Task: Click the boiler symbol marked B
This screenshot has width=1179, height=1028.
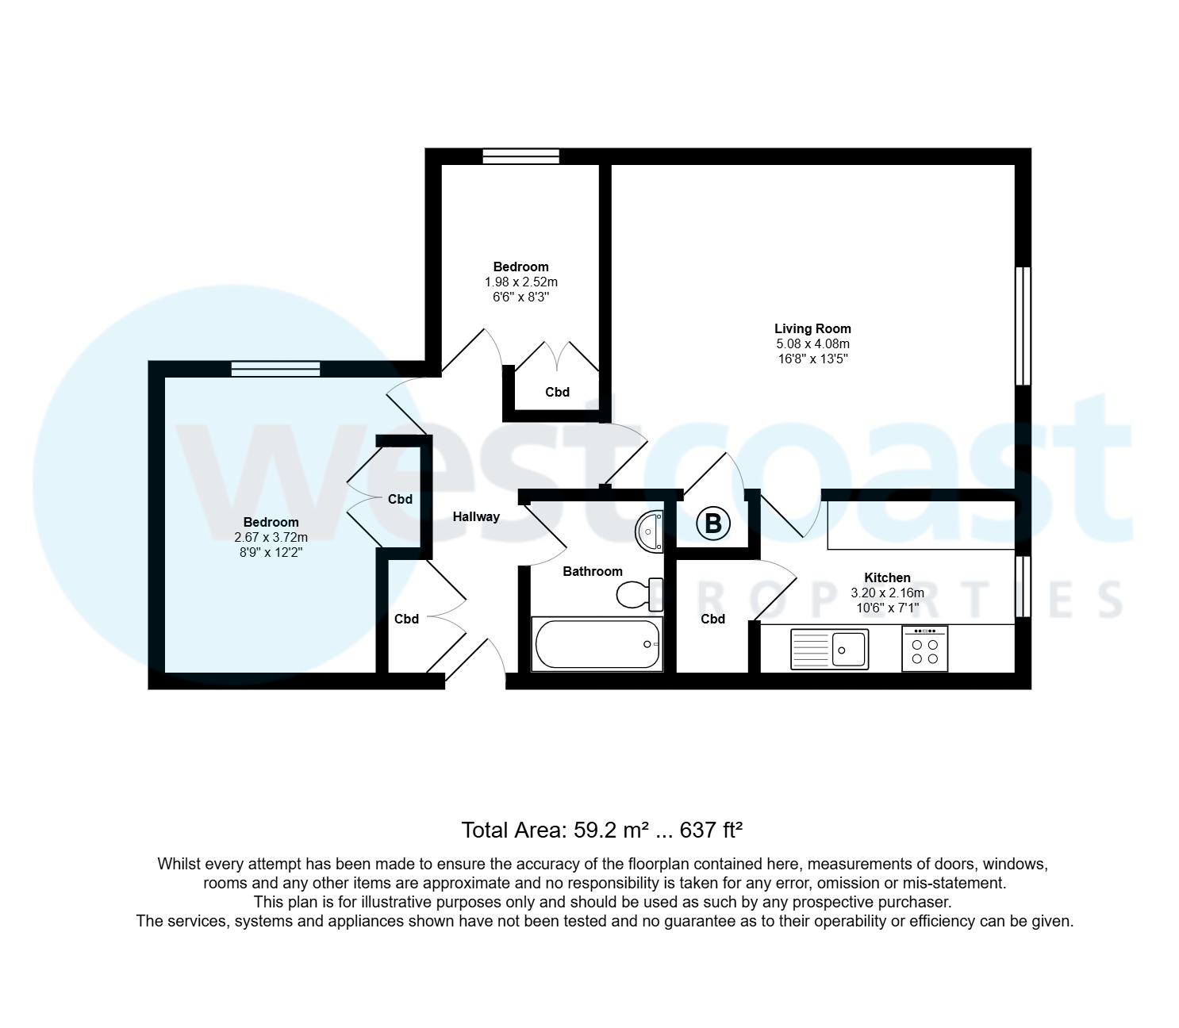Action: [x=712, y=524]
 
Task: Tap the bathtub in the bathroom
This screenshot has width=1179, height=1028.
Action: [x=597, y=643]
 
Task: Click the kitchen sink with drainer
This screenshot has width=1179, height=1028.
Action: [x=829, y=649]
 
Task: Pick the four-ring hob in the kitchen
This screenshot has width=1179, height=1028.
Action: [x=924, y=649]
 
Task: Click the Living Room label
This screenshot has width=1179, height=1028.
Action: [x=812, y=328]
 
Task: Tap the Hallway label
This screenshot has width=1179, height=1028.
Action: [x=476, y=516]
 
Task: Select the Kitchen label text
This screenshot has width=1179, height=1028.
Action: [x=887, y=577]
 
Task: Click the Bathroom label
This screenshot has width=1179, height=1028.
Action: [x=593, y=571]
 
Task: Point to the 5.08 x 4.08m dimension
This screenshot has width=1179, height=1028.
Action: [x=812, y=344]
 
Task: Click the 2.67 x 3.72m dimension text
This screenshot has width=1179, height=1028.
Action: [x=271, y=537]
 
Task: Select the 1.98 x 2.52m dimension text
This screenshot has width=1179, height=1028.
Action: [x=520, y=282]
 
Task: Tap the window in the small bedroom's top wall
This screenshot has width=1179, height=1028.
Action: [x=520, y=156]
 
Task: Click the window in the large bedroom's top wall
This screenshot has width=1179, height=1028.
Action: [x=275, y=368]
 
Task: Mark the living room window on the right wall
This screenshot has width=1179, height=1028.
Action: [x=1023, y=326]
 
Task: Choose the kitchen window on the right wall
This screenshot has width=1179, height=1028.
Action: [x=1023, y=585]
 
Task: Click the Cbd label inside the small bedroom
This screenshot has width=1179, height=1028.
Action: [x=557, y=392]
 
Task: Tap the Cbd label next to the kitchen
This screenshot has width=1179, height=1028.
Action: [x=712, y=619]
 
